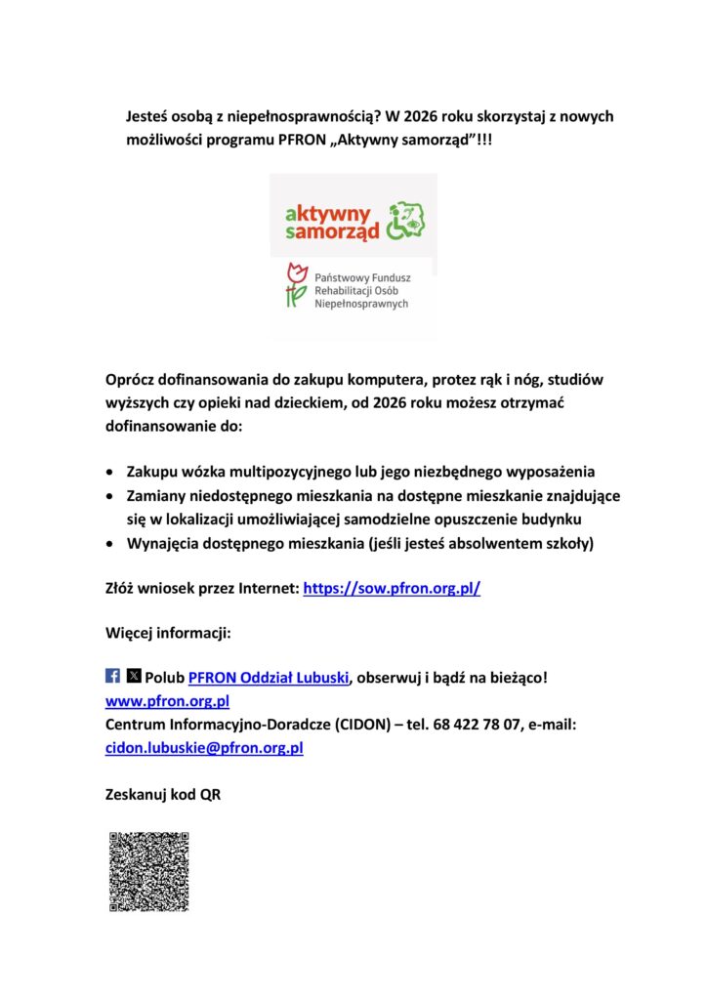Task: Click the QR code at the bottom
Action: point(148,871)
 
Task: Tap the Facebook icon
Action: point(112,676)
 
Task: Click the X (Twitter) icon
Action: point(134,676)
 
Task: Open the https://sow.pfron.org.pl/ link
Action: point(392,590)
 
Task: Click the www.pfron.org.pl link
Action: point(167,701)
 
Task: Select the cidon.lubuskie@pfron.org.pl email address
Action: point(204,748)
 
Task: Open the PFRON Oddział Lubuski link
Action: point(268,678)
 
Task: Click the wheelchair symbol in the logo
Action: point(407,221)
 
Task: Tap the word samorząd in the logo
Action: point(330,232)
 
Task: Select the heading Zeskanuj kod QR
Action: point(163,795)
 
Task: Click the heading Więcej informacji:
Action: point(168,633)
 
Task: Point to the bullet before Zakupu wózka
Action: point(113,472)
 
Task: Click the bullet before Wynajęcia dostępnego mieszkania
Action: point(113,543)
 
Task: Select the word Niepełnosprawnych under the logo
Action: point(361,304)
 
